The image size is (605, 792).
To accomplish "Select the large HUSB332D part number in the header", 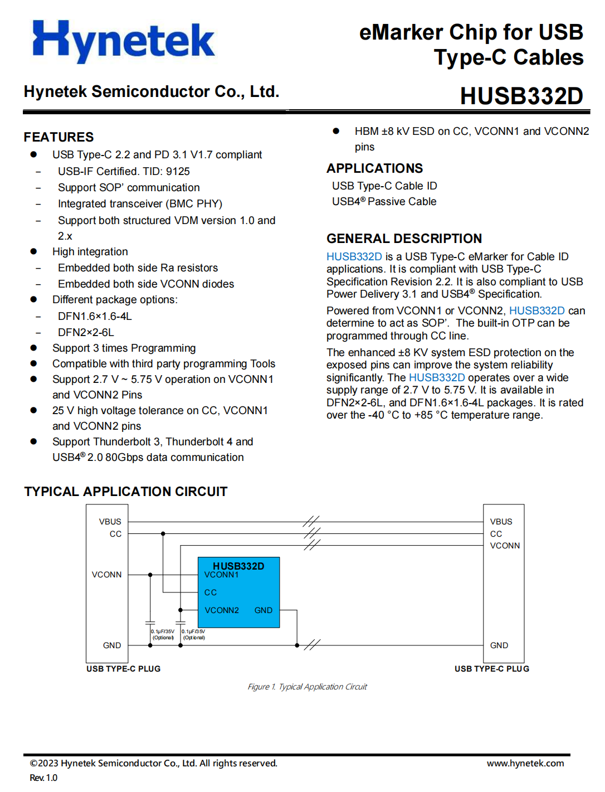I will [521, 96].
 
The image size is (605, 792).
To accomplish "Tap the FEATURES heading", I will [58, 137].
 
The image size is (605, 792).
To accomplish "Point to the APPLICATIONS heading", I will [374, 168].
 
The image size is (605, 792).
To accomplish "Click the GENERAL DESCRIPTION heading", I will [404, 239].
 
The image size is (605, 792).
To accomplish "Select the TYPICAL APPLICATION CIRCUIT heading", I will [126, 492].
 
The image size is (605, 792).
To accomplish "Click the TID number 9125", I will [178, 172].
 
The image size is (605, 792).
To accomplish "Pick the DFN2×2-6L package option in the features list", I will [86, 333].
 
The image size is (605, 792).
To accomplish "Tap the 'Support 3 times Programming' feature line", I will [124, 348].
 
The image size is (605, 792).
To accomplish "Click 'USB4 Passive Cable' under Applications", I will [384, 202].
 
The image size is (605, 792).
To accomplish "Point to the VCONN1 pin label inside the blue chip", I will [221, 575].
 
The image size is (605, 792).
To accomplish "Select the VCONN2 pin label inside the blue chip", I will [221, 610].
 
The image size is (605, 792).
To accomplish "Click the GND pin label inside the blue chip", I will [263, 610].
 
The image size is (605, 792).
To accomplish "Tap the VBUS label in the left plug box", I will [110, 522].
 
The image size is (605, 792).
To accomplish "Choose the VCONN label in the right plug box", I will [505, 546].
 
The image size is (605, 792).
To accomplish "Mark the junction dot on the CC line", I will [163, 534].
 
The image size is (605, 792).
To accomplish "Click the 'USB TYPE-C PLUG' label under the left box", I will [123, 669].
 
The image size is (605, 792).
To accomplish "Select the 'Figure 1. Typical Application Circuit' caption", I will [307, 687].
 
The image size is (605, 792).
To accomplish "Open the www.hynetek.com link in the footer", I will [525, 764].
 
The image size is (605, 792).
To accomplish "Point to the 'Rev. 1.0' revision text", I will [43, 778].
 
